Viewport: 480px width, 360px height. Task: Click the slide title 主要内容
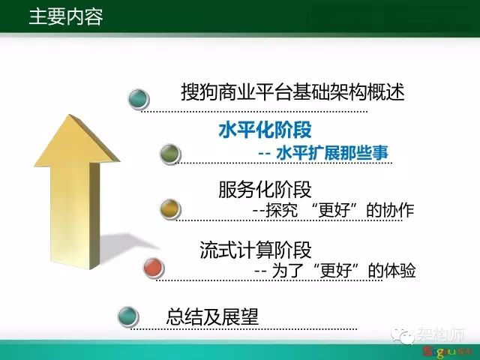pyautogui.click(x=66, y=16)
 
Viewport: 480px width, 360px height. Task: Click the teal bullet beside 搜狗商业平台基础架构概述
pyautogui.click(x=138, y=98)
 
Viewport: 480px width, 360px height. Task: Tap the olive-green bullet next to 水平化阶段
pyautogui.click(x=170, y=154)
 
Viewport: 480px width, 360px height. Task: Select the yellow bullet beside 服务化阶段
pyautogui.click(x=170, y=208)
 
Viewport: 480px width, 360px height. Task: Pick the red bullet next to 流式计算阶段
pyautogui.click(x=154, y=268)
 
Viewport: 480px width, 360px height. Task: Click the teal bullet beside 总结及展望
pyautogui.click(x=128, y=316)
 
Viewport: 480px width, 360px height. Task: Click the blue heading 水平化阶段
pyautogui.click(x=265, y=130)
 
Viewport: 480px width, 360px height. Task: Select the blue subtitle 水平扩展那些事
pyautogui.click(x=332, y=152)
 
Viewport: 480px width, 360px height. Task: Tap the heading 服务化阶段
pyautogui.click(x=265, y=190)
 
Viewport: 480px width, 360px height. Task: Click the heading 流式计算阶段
pyautogui.click(x=256, y=250)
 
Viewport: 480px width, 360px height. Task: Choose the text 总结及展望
pyautogui.click(x=212, y=316)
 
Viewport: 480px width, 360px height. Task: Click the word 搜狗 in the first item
pyautogui.click(x=199, y=91)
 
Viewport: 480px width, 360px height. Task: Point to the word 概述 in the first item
pyautogui.click(x=386, y=91)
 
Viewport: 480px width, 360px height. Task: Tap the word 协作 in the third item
pyautogui.click(x=398, y=210)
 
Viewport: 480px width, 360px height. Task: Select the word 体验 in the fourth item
pyautogui.click(x=400, y=271)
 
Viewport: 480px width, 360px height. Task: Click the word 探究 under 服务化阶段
pyautogui.click(x=282, y=210)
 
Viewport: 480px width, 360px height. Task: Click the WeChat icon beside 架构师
pyautogui.click(x=403, y=336)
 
